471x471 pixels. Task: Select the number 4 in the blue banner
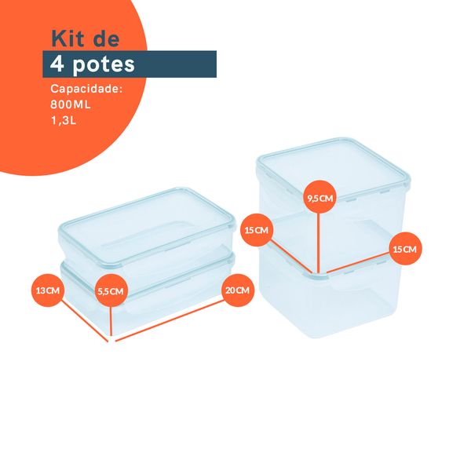pyautogui.click(x=57, y=64)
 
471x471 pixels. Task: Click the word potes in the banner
pyautogui.click(x=103, y=64)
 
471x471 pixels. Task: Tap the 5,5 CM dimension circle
pyautogui.click(x=111, y=290)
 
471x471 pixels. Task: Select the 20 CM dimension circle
pyautogui.click(x=238, y=290)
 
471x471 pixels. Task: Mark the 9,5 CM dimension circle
pyautogui.click(x=319, y=199)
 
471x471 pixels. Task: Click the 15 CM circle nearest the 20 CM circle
pyautogui.click(x=257, y=230)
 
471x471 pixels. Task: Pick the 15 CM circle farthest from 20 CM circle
pyautogui.click(x=404, y=249)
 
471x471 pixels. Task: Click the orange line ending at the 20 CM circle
pyautogui.click(x=173, y=317)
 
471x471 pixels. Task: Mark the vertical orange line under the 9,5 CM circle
pyautogui.click(x=319, y=243)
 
